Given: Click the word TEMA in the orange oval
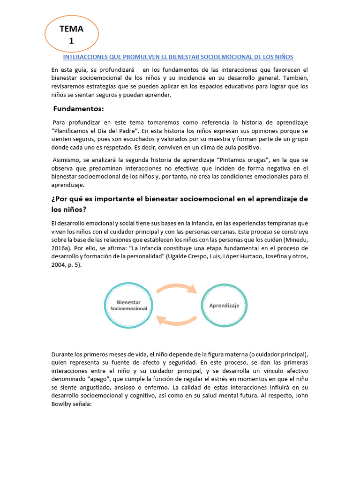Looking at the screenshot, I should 71,29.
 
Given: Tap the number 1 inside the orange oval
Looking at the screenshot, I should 71,41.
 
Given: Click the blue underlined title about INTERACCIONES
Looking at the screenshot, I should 178,57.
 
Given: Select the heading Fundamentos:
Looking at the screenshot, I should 78,109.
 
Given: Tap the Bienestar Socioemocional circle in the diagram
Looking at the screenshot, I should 128,305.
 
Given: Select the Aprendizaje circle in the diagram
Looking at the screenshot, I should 224,305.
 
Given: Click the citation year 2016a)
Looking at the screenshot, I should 62,248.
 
